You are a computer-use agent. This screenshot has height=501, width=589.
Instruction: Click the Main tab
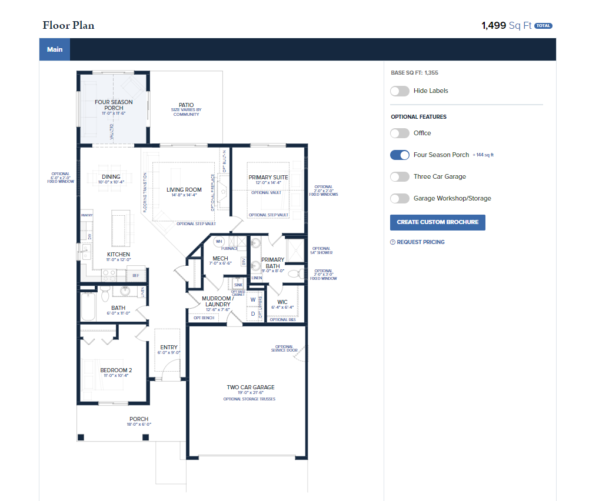tap(55, 49)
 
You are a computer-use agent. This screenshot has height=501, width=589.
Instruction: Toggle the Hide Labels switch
tap(400, 91)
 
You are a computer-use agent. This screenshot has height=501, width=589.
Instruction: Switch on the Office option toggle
tap(400, 133)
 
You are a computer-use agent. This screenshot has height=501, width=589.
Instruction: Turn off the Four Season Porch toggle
tap(400, 155)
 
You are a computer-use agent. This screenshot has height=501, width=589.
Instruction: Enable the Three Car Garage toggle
tap(400, 177)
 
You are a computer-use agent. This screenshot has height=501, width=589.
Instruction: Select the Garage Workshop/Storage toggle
tap(400, 199)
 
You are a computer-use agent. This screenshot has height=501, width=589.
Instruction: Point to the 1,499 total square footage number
tap(493, 25)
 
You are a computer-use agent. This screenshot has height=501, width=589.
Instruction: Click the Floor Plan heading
tap(68, 25)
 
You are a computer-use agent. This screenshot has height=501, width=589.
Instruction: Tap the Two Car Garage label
tap(251, 388)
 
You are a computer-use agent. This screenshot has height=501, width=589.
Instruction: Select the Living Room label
tap(184, 190)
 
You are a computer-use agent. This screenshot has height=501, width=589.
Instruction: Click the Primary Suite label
tap(268, 178)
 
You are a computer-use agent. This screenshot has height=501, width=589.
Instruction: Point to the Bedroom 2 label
tap(116, 370)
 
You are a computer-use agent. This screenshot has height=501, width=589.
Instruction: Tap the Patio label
tap(186, 105)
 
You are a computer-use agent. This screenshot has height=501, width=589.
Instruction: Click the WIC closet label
tap(282, 302)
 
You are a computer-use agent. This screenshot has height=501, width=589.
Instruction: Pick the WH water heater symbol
tap(219, 241)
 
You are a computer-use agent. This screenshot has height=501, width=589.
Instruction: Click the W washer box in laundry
tap(253, 300)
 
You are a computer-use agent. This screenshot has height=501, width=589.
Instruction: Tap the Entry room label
tap(169, 348)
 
